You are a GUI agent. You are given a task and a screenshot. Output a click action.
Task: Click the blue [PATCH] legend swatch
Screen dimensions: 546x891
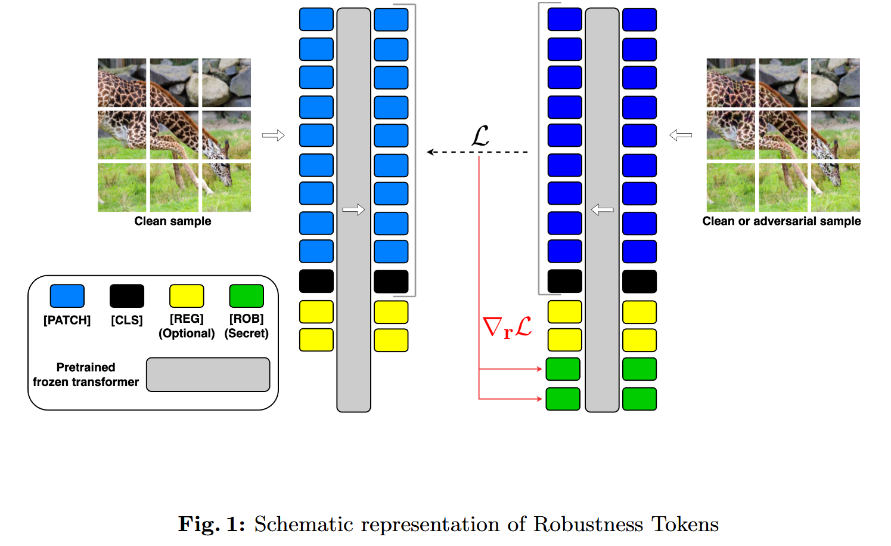click(x=67, y=296)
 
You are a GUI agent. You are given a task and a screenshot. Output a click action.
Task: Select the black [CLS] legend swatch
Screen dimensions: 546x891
click(x=127, y=296)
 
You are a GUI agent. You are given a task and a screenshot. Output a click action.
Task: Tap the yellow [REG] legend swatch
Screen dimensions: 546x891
click(x=187, y=296)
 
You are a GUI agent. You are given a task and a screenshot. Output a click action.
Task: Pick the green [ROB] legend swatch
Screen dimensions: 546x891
click(x=246, y=296)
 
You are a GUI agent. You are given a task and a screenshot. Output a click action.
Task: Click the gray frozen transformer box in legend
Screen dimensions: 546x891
click(x=208, y=375)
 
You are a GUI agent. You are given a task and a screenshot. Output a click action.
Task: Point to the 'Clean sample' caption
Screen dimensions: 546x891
click(x=173, y=221)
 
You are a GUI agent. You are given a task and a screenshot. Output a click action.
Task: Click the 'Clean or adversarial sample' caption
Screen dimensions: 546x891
click(x=781, y=221)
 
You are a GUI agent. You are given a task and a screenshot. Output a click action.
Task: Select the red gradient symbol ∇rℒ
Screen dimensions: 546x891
click(x=507, y=328)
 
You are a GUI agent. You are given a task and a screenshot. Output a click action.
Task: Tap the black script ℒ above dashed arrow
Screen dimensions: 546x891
click(x=480, y=136)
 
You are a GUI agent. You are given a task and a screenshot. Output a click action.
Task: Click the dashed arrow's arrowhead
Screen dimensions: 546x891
click(x=430, y=152)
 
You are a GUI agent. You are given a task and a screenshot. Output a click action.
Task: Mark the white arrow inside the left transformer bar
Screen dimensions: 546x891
click(x=353, y=209)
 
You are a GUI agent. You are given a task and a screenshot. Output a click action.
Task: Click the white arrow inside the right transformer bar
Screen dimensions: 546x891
click(x=602, y=209)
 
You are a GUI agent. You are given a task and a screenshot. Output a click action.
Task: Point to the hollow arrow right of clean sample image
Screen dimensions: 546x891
click(x=274, y=135)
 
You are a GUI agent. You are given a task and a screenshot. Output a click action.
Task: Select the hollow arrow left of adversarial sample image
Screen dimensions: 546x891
click(x=681, y=135)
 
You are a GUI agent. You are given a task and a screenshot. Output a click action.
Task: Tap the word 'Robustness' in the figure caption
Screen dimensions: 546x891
click(x=588, y=525)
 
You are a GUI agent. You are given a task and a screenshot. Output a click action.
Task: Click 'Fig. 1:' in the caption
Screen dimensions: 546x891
click(x=212, y=525)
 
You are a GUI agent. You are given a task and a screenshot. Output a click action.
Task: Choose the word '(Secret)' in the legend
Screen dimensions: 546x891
click(x=246, y=334)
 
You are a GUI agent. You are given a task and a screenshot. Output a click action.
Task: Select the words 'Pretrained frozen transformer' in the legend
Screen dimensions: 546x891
click(x=86, y=375)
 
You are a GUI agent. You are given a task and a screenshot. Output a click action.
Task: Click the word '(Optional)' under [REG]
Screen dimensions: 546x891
click(x=187, y=334)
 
